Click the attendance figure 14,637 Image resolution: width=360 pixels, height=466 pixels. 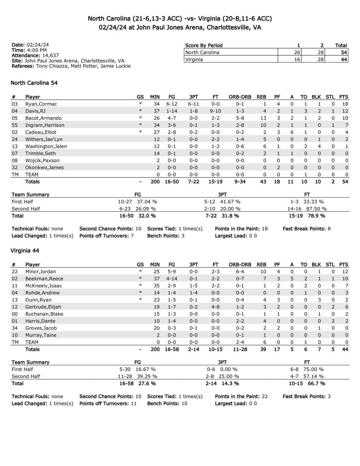point(51,55)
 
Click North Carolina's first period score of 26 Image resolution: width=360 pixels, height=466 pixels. point(297,52)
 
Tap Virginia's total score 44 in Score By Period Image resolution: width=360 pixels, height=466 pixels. point(344,60)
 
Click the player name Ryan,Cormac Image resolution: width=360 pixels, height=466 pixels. point(41,104)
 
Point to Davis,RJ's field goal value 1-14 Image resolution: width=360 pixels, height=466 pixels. point(172,111)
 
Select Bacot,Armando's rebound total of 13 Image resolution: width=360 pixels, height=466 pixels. point(263,118)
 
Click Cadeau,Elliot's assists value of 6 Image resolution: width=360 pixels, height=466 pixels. point(292,132)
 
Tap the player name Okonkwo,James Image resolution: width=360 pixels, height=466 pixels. point(45,167)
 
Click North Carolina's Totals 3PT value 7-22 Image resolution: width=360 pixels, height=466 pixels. point(193,182)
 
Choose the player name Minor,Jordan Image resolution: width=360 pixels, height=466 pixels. point(40,272)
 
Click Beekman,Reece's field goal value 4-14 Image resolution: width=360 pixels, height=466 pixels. point(172,279)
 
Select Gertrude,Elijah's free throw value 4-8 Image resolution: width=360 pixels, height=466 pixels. point(216,307)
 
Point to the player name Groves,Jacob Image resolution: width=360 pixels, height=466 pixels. point(41,328)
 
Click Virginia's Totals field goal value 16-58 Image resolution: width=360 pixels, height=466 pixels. point(172,349)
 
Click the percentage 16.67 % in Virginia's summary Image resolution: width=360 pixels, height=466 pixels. point(146,369)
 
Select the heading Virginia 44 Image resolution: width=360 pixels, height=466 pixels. point(25,251)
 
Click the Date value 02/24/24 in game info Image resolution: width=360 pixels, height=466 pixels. point(37,45)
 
